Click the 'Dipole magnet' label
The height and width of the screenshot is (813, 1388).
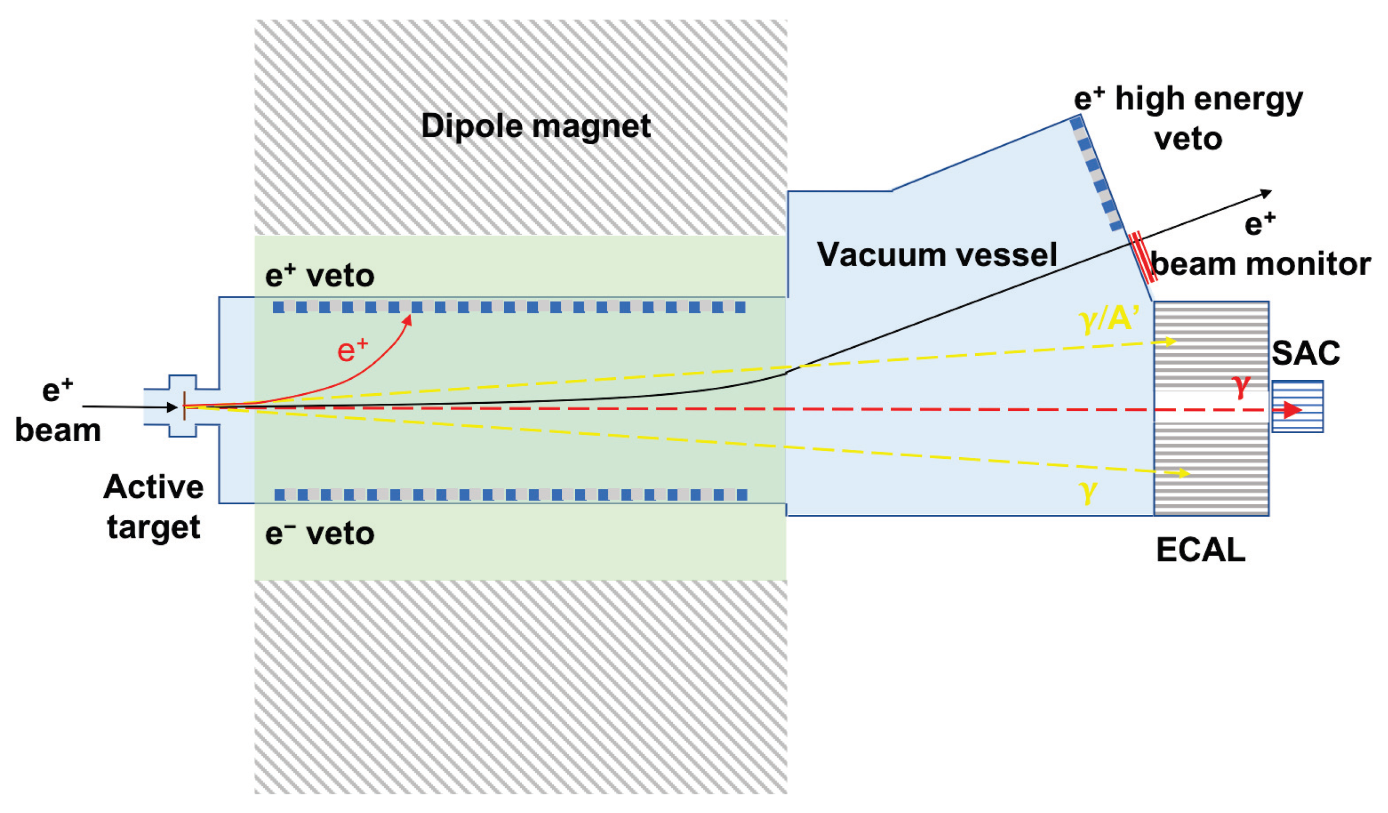535,126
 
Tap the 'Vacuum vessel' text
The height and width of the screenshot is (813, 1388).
936,254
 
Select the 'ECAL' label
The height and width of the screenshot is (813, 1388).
1201,550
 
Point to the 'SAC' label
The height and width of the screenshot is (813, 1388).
1305,353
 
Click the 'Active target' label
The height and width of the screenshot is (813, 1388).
154,507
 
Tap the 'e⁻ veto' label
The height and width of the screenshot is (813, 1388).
319,533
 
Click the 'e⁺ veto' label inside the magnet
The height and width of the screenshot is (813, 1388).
319,276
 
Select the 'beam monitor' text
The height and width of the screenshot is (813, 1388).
1260,264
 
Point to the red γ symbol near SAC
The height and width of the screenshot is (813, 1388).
1242,386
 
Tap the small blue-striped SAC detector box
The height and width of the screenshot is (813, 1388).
1298,406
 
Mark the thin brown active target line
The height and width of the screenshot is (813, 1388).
184,406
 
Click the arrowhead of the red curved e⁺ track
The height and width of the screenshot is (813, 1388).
408,319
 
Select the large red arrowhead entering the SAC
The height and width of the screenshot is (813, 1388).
1292,410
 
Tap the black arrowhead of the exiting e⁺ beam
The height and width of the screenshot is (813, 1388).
1266,193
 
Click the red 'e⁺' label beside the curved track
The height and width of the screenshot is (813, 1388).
352,350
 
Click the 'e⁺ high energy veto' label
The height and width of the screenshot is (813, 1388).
1188,119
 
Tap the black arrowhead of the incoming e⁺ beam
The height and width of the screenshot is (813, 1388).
172,408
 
